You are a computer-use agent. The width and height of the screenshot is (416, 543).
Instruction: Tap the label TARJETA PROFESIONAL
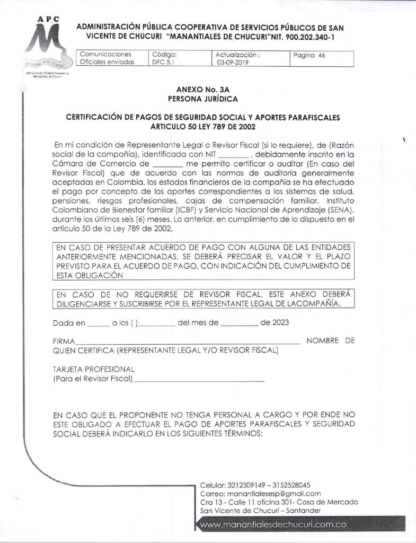click(x=94, y=369)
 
